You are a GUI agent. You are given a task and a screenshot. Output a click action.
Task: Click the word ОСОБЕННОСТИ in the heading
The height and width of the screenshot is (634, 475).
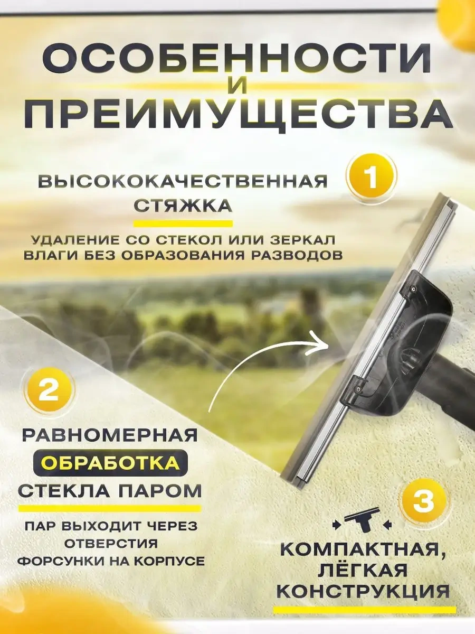coord(237,59)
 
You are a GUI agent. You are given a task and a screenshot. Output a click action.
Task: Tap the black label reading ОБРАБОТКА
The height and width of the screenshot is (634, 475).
coord(109,463)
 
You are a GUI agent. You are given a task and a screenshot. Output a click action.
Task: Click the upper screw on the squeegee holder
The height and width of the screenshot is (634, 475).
coord(413,289)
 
